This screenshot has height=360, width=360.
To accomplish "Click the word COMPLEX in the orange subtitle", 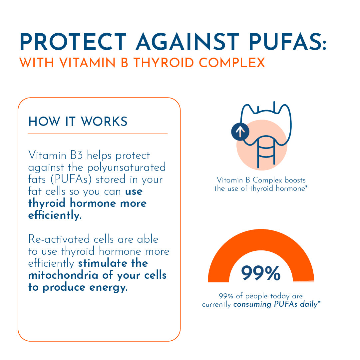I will tap(239, 63).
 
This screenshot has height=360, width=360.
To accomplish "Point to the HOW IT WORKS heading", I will tap(78, 122).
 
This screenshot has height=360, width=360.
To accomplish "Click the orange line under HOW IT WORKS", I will tap(97, 134).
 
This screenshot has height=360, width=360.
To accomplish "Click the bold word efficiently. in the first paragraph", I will tap(55, 215).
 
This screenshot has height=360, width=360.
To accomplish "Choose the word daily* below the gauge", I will tap(310, 304).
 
